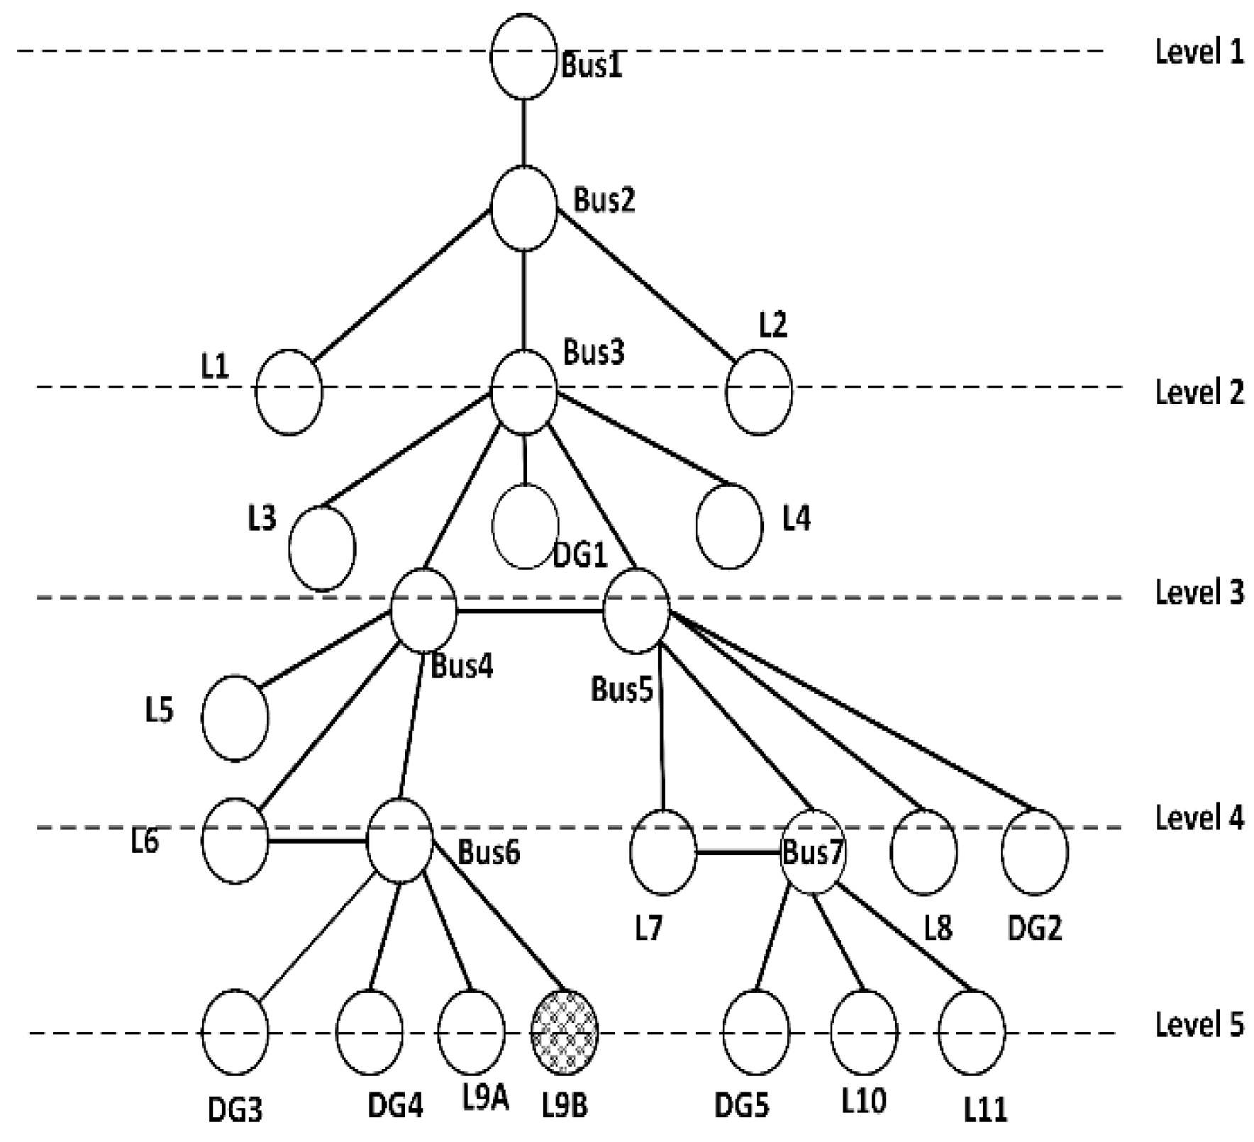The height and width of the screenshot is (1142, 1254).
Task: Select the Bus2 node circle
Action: [523, 208]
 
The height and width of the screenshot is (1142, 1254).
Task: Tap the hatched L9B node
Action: [565, 1032]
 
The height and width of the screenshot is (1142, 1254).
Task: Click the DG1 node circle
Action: [525, 526]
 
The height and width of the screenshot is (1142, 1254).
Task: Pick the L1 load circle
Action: [289, 391]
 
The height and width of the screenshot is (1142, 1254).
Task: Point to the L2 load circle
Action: [759, 391]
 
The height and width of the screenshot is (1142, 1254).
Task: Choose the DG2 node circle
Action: [1035, 851]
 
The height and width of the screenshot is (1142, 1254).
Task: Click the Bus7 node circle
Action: [813, 851]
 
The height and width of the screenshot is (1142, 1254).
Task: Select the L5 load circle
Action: [235, 718]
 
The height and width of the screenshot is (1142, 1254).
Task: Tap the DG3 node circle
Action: [235, 1032]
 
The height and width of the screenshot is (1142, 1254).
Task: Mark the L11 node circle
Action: [972, 1032]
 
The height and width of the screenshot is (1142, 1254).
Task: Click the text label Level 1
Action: [1199, 52]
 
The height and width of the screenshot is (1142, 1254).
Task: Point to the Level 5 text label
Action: [1199, 1025]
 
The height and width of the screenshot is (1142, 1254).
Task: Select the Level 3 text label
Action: [1199, 592]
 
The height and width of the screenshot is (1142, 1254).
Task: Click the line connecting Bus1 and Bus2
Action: [523, 133]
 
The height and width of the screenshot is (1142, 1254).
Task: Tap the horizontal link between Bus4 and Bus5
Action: [530, 611]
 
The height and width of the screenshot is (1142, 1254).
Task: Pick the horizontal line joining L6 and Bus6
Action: [317, 841]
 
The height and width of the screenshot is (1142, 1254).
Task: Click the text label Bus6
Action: [489, 853]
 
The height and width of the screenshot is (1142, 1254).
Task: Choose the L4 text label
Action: [796, 520]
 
